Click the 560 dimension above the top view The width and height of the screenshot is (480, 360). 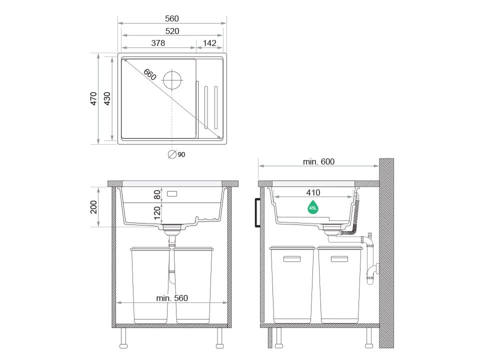(x=171, y=18)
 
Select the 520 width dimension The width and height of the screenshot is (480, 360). (x=172, y=31)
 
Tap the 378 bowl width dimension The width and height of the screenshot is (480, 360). (x=158, y=43)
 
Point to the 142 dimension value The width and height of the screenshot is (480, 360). (x=209, y=43)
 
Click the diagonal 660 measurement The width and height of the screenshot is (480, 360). (x=149, y=74)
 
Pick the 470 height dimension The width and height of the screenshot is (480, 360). (x=93, y=98)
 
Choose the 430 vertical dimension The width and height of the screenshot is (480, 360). (x=107, y=98)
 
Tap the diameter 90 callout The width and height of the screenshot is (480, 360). (x=176, y=154)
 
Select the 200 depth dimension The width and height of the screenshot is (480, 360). (x=93, y=207)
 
